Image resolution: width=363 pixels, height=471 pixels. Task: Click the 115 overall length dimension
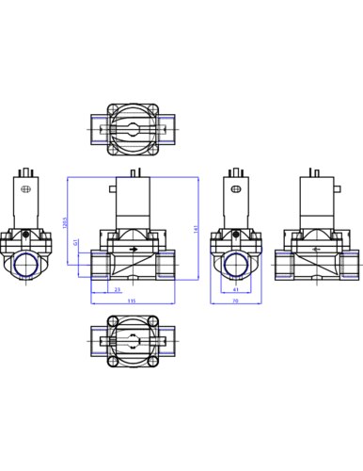[133, 300]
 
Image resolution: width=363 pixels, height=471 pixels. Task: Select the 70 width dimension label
[234, 300]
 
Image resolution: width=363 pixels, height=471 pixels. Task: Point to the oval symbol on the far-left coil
[25, 190]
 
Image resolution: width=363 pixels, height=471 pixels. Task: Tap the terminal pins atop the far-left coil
[26, 170]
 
